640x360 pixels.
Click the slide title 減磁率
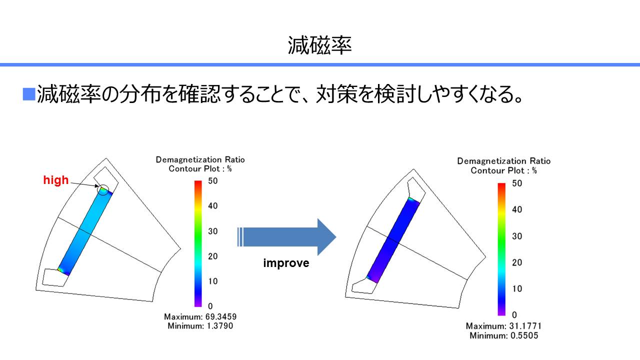point(319,45)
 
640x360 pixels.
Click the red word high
point(56,180)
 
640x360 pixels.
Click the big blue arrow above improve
point(287,237)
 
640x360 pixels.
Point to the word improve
point(286,263)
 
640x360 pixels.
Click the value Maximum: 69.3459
point(200,316)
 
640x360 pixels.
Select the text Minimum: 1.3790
point(200,325)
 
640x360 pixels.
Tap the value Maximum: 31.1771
point(503,326)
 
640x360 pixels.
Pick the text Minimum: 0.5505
point(503,335)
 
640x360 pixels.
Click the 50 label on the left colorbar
point(213,181)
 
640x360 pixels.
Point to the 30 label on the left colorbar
point(213,231)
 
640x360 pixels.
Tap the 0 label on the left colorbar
point(210,306)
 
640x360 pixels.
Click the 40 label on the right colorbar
point(517,209)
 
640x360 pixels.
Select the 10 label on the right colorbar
point(517,289)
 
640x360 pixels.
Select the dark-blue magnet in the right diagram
point(393,240)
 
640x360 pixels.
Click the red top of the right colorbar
point(501,186)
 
